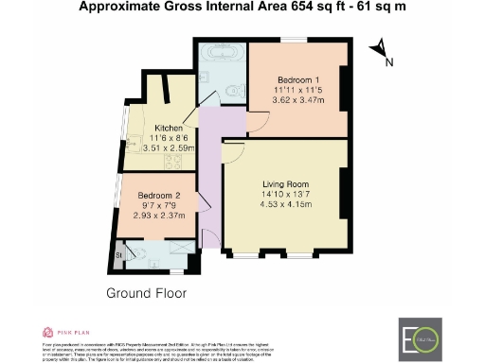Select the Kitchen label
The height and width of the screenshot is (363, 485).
coord(169,127)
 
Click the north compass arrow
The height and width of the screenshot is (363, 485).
coord(379,49)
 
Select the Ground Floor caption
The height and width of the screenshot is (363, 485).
coord(146,292)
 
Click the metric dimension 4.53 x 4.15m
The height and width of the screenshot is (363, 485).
coord(285,206)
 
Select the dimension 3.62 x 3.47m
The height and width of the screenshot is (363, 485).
coord(298,100)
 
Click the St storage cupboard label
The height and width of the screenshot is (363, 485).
coord(119,253)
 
